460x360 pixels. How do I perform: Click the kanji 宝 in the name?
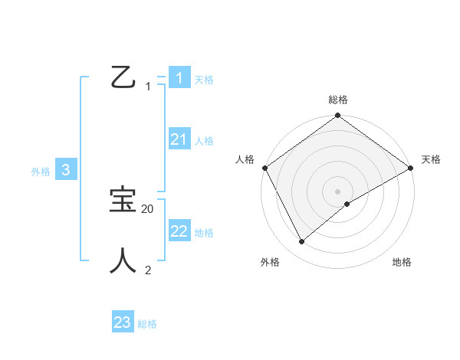coord(123,201)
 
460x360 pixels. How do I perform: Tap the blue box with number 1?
coord(179,77)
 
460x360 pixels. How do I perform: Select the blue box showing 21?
coord(179,139)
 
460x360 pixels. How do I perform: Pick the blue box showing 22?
coord(179,231)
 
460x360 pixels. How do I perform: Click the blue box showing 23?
coord(123,322)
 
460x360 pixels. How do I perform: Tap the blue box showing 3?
coord(66,171)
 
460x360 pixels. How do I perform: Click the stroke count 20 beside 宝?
coord(148,208)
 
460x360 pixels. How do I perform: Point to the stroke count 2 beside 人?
coord(148,270)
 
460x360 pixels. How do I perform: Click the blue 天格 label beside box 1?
coord(204,79)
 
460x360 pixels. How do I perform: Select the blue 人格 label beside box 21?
coord(204,141)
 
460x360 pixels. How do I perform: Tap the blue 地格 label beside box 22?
coord(204,233)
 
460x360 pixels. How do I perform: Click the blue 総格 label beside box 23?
coord(147,324)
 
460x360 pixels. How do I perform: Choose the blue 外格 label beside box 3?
coord(41,172)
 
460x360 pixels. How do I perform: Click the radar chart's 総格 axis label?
coord(338,100)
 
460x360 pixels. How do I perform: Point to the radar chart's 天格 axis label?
coord(431,159)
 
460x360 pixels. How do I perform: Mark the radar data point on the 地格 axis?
coord(347,204)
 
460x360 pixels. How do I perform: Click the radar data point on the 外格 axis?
coord(301,242)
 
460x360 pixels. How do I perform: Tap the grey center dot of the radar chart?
coord(338,191)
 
